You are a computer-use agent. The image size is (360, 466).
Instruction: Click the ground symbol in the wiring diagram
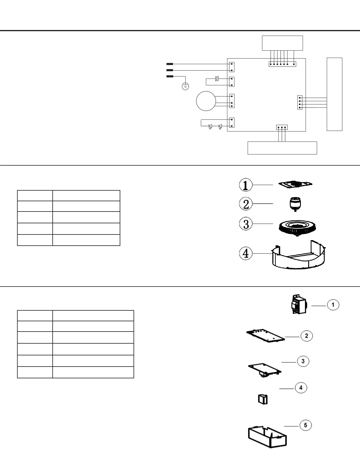185,86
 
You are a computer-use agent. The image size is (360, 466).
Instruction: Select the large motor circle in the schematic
206,101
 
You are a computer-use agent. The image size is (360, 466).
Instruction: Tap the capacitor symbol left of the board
217,79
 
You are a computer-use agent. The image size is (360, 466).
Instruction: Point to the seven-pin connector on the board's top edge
282,64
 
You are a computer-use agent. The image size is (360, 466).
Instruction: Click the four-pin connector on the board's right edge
300,102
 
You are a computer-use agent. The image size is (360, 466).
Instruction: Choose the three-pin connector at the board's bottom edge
282,127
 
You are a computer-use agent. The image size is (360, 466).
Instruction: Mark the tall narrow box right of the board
334,94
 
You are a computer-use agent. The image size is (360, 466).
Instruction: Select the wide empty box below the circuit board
282,148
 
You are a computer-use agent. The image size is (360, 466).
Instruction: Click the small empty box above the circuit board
282,43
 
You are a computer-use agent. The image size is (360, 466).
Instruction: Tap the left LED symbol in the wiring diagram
210,127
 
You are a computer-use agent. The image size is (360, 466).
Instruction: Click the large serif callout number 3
246,224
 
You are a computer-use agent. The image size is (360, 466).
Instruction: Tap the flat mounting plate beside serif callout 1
296,184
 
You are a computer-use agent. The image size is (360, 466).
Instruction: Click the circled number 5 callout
306,425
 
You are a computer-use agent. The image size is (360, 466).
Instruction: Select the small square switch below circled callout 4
263,399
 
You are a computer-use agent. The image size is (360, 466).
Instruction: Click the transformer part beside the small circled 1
297,304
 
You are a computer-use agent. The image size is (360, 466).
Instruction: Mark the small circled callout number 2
306,336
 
